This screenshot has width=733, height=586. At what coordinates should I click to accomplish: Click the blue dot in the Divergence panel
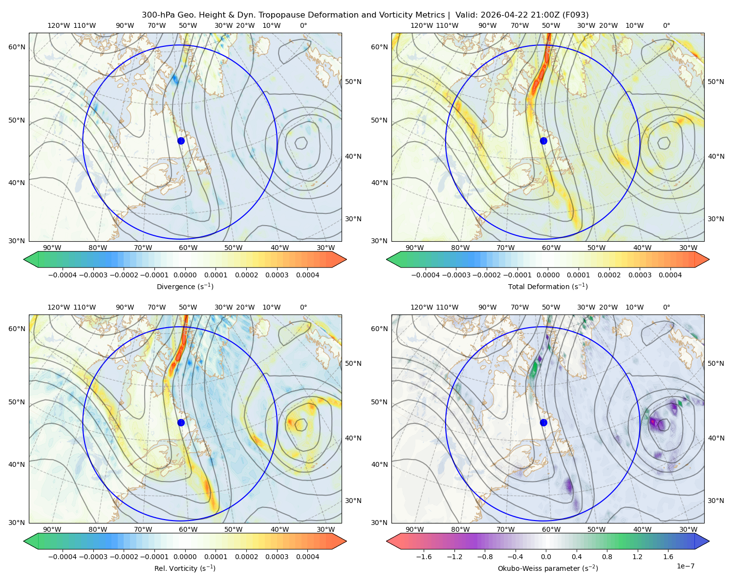pyautogui.click(x=181, y=141)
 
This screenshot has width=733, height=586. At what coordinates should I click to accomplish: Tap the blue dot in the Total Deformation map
pyautogui.click(x=543, y=141)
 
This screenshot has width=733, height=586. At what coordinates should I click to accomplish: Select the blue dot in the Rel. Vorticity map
pyautogui.click(x=181, y=422)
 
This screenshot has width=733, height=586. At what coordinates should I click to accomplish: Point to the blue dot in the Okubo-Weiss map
pyautogui.click(x=543, y=422)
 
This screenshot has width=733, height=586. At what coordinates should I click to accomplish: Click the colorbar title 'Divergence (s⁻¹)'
pyautogui.click(x=185, y=286)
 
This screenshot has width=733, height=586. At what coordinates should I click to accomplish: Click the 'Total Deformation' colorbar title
pyautogui.click(x=548, y=286)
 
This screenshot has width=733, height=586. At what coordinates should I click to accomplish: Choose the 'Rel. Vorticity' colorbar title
pyautogui.click(x=185, y=568)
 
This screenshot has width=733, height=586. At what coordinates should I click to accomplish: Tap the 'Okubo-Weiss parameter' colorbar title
pyautogui.click(x=548, y=568)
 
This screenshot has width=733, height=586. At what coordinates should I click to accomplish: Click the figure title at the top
pyautogui.click(x=365, y=15)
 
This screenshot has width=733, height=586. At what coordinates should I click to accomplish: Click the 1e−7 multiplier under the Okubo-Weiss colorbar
pyautogui.click(x=685, y=566)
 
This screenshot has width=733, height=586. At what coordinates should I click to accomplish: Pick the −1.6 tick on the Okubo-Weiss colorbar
pyautogui.click(x=424, y=556)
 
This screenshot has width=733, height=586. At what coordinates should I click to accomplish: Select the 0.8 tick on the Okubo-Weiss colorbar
pyautogui.click(x=607, y=556)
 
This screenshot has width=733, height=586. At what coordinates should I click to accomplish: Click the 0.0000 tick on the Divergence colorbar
pyautogui.click(x=185, y=275)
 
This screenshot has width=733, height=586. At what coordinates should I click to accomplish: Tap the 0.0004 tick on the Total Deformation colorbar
pyautogui.click(x=670, y=275)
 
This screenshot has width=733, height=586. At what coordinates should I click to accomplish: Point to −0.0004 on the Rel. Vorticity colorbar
pyautogui.click(x=63, y=556)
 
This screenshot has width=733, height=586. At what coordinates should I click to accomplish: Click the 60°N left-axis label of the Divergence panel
pyautogui.click(x=17, y=47)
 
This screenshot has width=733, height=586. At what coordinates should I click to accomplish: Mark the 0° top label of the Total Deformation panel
pyautogui.click(x=666, y=25)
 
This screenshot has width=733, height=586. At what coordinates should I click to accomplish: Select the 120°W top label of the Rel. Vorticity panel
pyautogui.click(x=59, y=307)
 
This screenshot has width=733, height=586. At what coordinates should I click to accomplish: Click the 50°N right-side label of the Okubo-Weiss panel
pyautogui.click(x=715, y=363)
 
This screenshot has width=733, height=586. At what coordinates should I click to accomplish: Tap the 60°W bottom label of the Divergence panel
pyautogui.click(x=188, y=248)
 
